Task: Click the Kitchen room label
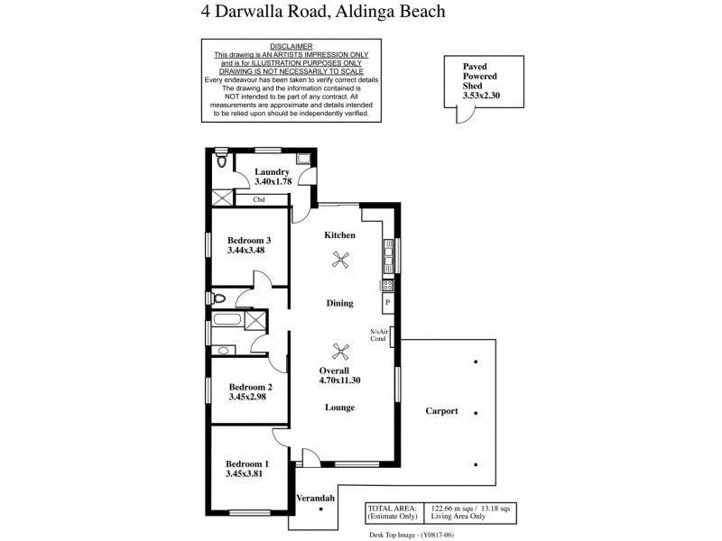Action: [x=339, y=235]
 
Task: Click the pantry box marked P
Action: [x=387, y=304]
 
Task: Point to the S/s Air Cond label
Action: [x=379, y=335]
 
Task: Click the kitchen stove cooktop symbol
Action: [x=387, y=285]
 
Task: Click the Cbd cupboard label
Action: [x=258, y=199]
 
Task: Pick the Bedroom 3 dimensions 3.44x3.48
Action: [x=249, y=252]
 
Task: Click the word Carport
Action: [x=441, y=411]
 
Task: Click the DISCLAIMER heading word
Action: [x=291, y=46]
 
